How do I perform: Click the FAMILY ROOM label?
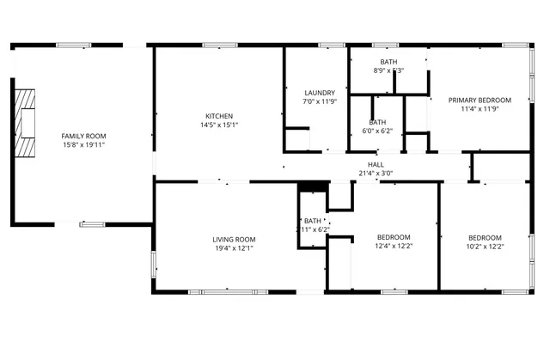point(83,136)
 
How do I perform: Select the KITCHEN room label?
point(218,116)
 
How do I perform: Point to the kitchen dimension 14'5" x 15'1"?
point(218,125)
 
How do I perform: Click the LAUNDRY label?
point(319,92)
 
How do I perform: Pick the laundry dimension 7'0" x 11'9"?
point(319,101)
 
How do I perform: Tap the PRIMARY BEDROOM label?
point(480,100)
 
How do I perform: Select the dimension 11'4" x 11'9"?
point(480,109)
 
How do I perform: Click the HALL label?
point(376,164)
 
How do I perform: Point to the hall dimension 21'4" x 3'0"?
point(376,173)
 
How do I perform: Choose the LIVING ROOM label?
point(235,239)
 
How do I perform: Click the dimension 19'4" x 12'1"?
point(235,248)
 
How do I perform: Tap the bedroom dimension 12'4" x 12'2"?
point(394,247)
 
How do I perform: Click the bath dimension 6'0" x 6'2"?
point(377,131)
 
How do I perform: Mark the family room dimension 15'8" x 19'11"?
point(83,145)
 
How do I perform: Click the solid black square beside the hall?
point(313,186)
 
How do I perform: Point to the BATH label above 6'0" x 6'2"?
point(377,122)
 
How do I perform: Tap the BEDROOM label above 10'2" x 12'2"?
point(486,237)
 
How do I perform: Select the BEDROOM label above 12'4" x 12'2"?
point(394,237)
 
